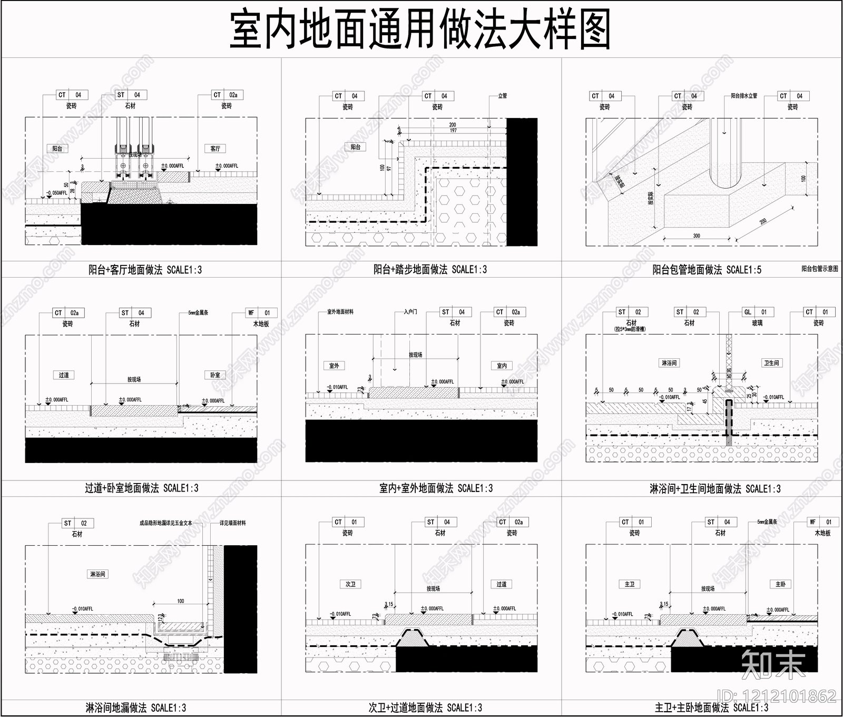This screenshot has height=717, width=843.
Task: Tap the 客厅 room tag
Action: tap(215, 149)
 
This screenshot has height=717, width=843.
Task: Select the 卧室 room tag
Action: tap(215, 375)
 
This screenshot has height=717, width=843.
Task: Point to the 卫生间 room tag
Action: tap(771, 363)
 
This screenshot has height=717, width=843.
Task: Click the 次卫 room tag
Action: tap(350, 584)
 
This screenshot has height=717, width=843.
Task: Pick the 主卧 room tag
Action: tap(780, 584)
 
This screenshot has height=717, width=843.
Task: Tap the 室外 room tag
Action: tap(334, 366)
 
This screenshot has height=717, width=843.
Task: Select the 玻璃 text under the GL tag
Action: tap(757, 323)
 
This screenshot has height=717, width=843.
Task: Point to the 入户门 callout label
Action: tap(410, 312)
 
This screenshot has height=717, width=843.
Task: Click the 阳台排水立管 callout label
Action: tap(744, 96)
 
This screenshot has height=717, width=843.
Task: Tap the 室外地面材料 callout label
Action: tap(340, 312)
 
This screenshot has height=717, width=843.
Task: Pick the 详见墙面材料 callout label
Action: tap(233, 523)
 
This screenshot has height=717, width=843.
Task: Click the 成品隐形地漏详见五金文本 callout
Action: tap(165, 523)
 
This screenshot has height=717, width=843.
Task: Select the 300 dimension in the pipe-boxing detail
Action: tap(697, 235)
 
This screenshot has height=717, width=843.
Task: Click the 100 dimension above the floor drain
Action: tap(181, 601)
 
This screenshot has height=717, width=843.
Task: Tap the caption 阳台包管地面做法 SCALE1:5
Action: tap(707, 270)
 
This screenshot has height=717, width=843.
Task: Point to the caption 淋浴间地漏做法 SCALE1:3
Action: tap(136, 708)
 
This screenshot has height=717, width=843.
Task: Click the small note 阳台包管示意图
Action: tap(819, 269)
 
